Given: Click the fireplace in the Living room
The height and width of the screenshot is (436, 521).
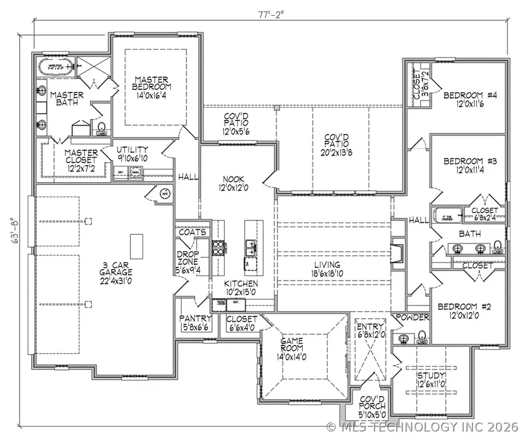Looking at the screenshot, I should (x=399, y=252).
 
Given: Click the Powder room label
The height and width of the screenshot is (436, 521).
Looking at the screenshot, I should (x=412, y=318).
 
